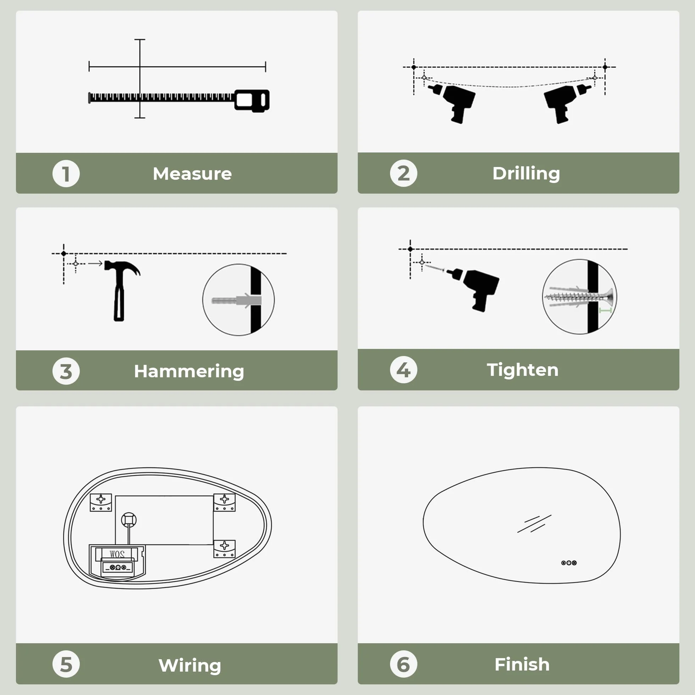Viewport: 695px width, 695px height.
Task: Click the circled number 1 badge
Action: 66,174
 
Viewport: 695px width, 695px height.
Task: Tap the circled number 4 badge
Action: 404,370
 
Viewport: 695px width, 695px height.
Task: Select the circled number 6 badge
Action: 404,664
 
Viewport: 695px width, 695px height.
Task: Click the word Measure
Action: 193,174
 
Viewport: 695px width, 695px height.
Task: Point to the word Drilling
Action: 526,174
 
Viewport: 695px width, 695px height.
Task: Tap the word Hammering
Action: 189,371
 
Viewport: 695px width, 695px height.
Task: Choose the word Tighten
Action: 523,370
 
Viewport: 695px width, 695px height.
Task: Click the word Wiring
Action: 190,666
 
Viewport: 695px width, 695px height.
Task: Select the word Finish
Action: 522,665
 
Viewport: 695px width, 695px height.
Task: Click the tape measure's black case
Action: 252,100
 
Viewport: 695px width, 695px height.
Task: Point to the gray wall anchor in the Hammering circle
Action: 237,300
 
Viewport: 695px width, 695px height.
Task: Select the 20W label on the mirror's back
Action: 117,554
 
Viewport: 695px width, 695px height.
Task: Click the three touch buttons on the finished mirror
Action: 569,563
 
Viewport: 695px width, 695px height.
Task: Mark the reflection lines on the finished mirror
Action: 534,524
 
